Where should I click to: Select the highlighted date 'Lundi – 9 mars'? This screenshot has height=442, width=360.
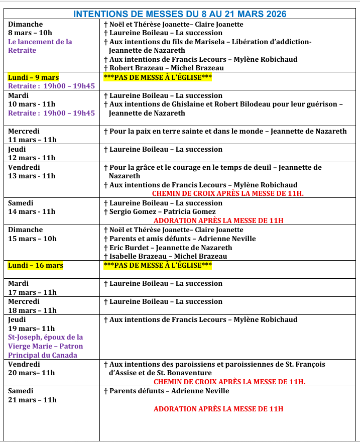34,77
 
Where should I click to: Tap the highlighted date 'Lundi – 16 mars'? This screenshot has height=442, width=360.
36,265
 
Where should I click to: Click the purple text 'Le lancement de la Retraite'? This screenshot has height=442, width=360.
40,46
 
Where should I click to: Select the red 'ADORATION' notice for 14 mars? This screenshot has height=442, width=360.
218,220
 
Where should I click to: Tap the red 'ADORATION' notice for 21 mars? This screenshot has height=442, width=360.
218,409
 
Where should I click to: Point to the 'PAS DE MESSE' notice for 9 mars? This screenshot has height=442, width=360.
158,77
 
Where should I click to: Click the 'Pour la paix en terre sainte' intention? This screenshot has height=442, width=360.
225,131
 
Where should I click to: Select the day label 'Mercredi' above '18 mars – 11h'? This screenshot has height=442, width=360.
24,301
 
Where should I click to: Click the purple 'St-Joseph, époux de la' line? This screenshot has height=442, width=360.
46,337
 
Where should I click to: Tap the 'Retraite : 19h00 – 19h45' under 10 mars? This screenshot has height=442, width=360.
51,113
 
